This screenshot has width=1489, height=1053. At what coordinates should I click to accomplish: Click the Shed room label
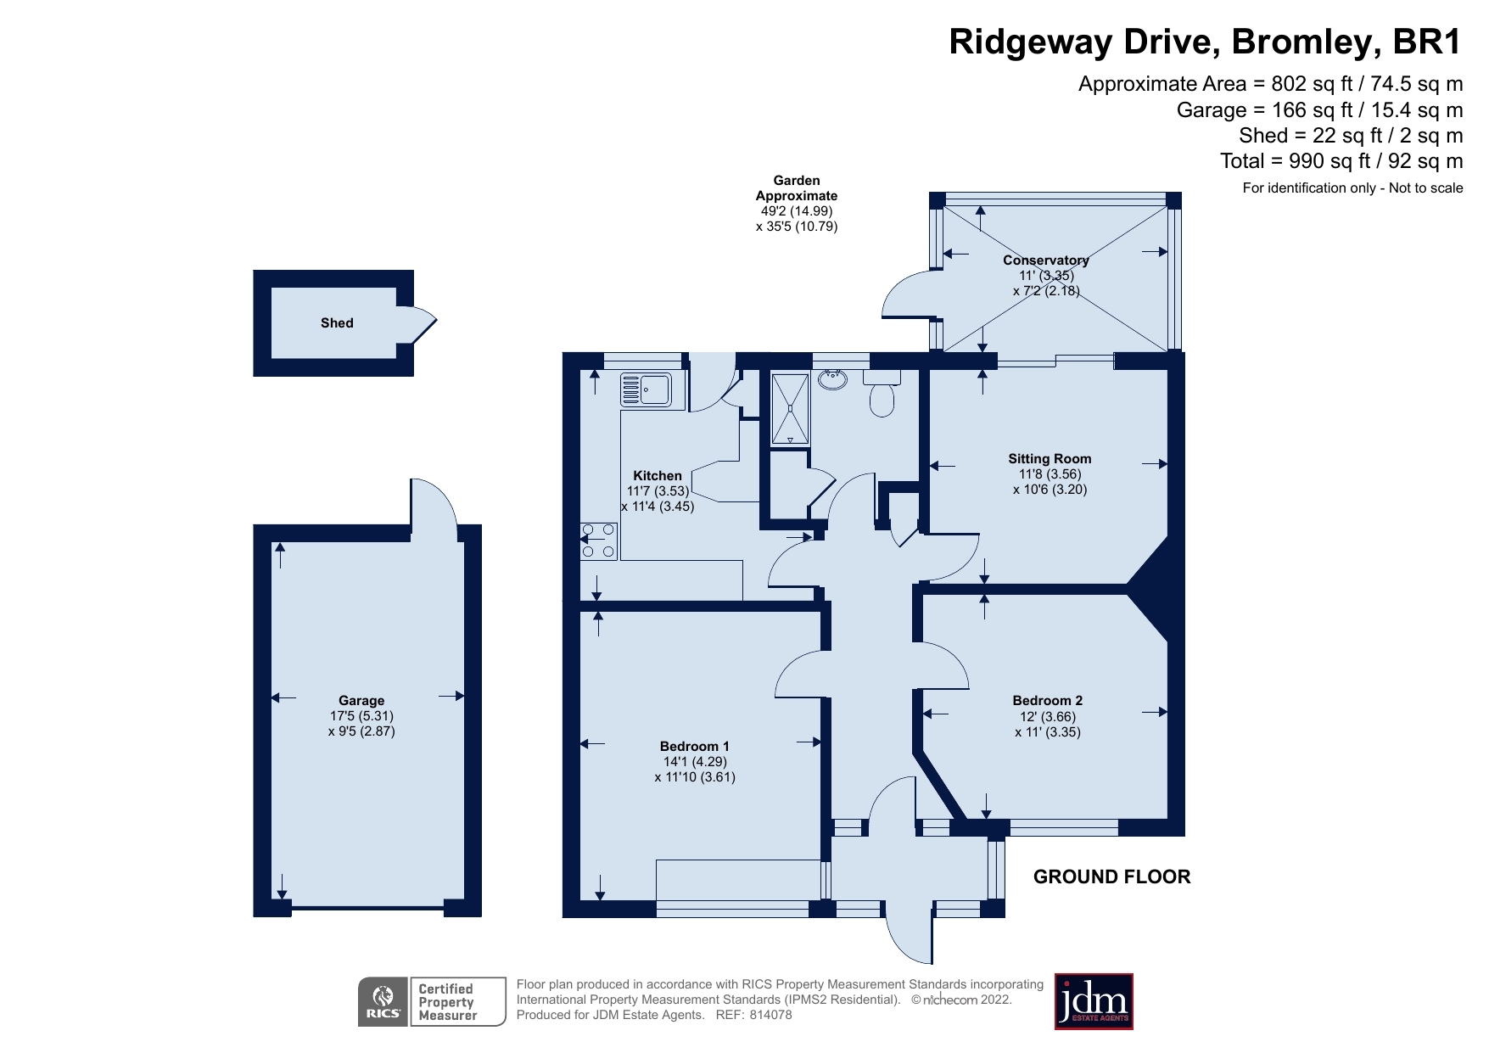coord(337,323)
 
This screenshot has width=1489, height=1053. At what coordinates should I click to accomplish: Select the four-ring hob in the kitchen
coord(598,541)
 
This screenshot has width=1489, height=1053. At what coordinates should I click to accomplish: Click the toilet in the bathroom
coord(882,399)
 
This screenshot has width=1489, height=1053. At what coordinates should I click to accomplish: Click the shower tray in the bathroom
coord(790,409)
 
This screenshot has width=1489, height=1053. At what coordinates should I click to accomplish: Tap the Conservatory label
coord(1045,260)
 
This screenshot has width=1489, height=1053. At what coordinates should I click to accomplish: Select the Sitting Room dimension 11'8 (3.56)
coord(1050,474)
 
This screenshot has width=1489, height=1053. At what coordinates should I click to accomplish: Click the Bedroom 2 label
coord(1047,701)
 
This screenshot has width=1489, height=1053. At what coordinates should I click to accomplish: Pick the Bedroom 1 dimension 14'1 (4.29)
coord(695,762)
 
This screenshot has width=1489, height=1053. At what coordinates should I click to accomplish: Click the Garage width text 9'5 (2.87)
coord(361,731)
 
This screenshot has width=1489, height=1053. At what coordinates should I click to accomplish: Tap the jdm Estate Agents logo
coord(1093,1002)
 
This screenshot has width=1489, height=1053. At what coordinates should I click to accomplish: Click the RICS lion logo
coord(383,1002)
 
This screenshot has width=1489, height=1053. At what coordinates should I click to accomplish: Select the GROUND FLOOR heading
coord(1111,877)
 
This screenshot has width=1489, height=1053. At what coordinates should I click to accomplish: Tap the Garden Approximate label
coord(797,188)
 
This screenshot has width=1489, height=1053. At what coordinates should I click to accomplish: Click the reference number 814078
coord(770,1015)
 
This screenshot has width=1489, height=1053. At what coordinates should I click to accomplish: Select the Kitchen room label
coord(658,476)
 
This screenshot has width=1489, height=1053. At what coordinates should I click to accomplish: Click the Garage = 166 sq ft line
coord(1319,110)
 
